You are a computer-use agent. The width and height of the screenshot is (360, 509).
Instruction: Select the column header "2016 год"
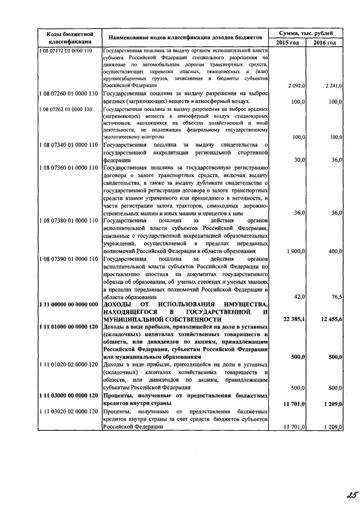point(325,43)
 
